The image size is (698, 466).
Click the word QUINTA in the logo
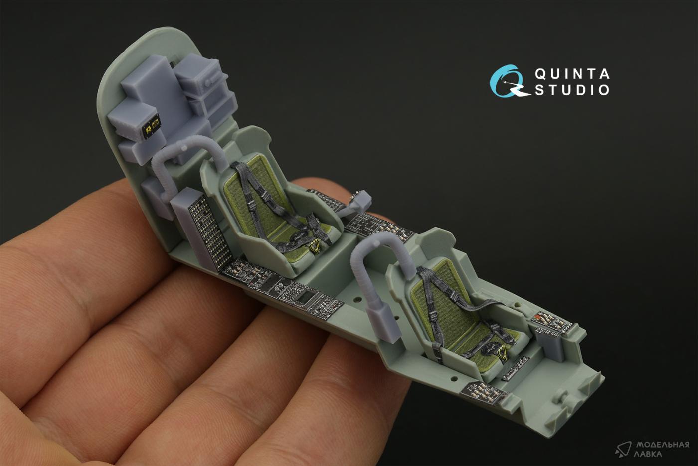[x=572, y=74]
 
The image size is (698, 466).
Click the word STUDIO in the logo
[x=572, y=90]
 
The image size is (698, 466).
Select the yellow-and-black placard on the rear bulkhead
[x=152, y=126]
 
